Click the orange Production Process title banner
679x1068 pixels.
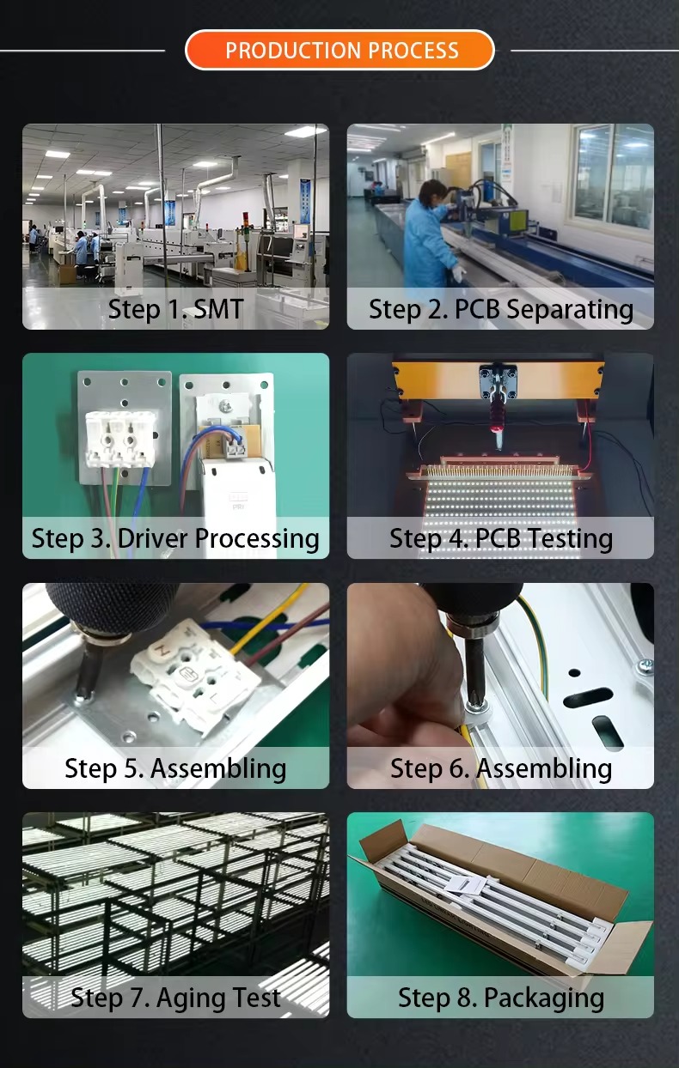click(x=339, y=50)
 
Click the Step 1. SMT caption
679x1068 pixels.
click(x=176, y=309)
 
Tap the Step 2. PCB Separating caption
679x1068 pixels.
click(x=501, y=309)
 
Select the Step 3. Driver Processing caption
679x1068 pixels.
click(x=175, y=539)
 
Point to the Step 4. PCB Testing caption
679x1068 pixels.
click(x=501, y=539)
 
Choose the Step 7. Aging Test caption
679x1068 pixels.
click(x=175, y=998)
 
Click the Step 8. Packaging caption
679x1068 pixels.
click(x=501, y=998)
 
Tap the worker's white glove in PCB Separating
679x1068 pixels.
click(x=459, y=273)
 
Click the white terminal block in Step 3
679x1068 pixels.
click(x=121, y=439)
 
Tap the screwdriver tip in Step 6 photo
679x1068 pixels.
click(x=474, y=703)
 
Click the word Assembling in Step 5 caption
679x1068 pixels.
click(x=218, y=768)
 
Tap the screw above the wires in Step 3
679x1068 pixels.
click(x=224, y=406)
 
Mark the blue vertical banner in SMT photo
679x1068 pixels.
click(x=305, y=201)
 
